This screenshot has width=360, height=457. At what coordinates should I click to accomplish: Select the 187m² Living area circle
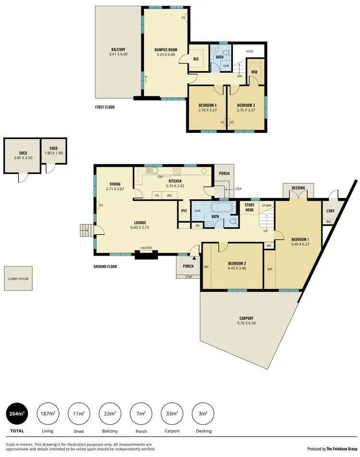(48, 413)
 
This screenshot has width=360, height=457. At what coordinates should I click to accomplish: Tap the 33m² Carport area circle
(172, 413)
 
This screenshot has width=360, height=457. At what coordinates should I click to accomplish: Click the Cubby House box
(19, 279)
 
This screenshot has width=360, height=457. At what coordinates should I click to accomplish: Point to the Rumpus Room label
(166, 49)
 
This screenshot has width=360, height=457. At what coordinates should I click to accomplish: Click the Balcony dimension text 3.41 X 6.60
(119, 55)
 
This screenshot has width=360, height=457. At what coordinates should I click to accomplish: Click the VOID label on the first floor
(250, 51)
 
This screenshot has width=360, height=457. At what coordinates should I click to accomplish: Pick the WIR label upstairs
(255, 72)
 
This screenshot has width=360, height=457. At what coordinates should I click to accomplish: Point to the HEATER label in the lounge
(146, 248)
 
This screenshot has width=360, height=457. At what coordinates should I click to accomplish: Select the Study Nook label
(250, 207)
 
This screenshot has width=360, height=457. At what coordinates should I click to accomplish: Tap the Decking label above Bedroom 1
(299, 188)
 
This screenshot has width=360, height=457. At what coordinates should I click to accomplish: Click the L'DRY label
(330, 211)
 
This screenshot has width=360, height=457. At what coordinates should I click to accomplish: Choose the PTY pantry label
(184, 211)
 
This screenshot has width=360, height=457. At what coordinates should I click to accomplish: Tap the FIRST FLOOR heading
(105, 107)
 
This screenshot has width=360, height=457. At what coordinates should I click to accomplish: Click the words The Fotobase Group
(342, 449)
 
